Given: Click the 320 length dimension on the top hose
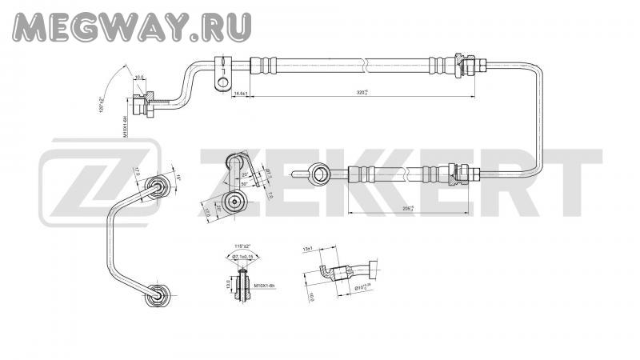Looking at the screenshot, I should (x=362, y=93).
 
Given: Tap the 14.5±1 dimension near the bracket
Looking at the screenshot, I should (x=239, y=94).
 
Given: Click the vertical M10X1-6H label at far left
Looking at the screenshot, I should (x=126, y=128).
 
